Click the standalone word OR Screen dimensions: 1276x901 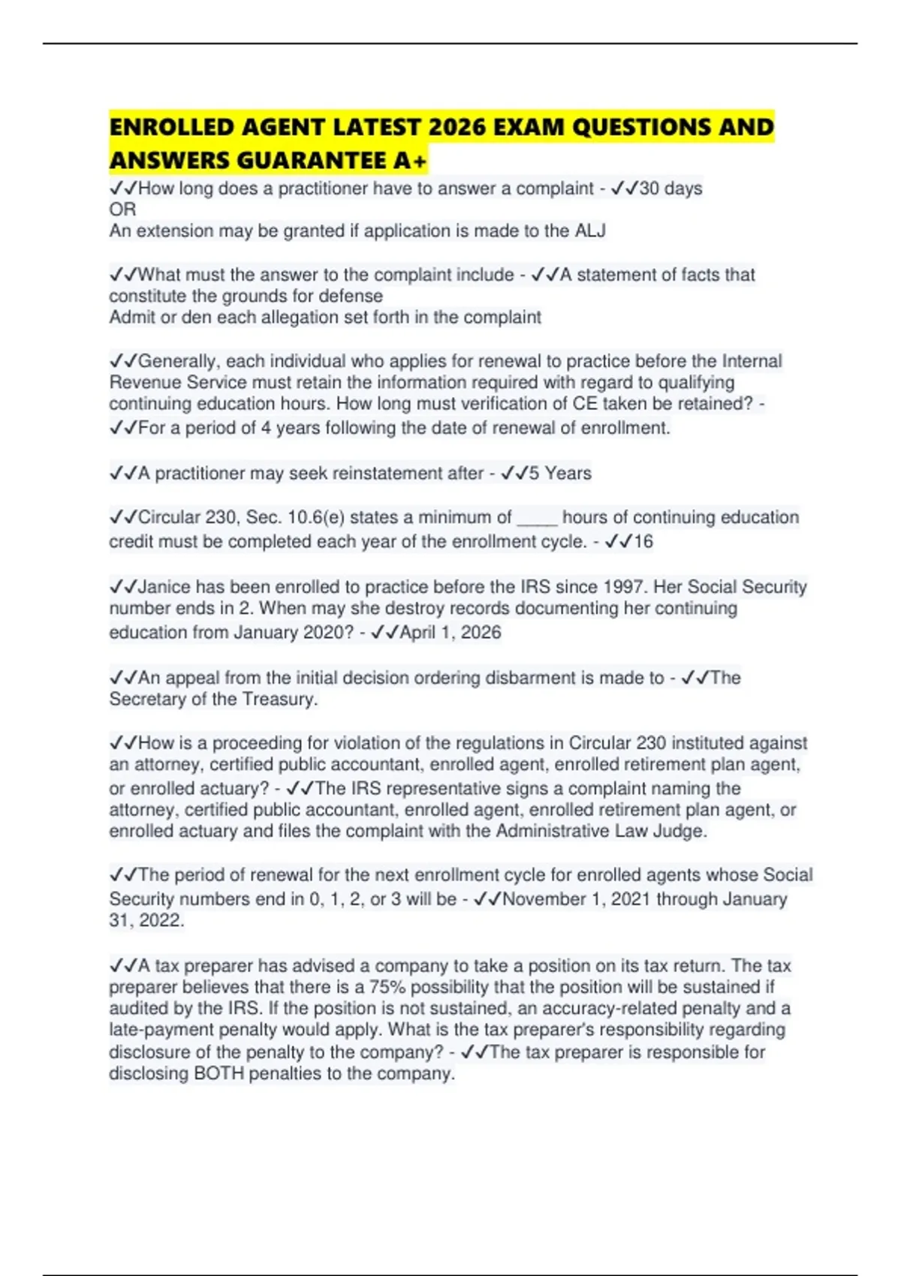tap(122, 209)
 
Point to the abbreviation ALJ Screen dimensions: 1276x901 tap(590, 231)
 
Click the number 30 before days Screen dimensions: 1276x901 tap(649, 188)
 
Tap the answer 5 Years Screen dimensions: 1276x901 tap(559, 474)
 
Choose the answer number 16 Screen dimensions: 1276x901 tap(643, 541)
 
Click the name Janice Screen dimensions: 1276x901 tap(164, 587)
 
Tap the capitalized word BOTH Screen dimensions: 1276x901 tap(218, 1073)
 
